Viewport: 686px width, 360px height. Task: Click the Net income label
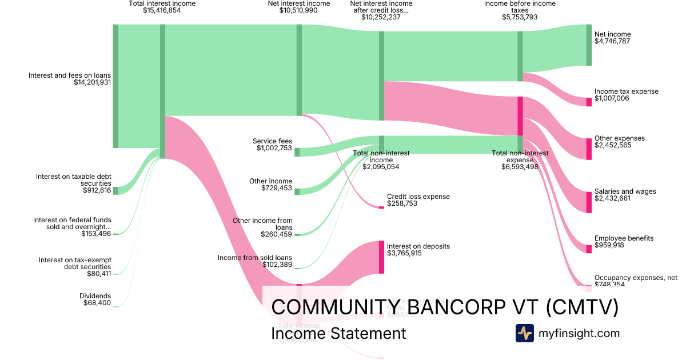pos(612,34)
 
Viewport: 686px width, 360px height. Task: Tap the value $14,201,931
pos(92,82)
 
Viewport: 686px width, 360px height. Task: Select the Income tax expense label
pos(626,91)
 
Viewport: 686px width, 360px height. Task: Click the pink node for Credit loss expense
pos(381,207)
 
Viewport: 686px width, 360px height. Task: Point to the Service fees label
pos(272,141)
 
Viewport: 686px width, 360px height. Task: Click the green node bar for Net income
pos(589,45)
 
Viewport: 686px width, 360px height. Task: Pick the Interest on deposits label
pos(418,246)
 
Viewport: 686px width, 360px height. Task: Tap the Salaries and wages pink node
pos(589,202)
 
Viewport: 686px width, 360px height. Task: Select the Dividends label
pos(95,295)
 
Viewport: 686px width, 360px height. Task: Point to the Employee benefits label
pos(624,238)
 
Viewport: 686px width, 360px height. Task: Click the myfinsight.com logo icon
pos(524,333)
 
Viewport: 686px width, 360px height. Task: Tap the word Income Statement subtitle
pos(338,333)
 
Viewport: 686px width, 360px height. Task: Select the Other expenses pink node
pos(589,149)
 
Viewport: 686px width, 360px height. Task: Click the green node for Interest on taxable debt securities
pos(115,190)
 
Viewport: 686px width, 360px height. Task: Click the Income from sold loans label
pos(255,258)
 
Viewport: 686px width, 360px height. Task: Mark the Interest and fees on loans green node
pos(115,86)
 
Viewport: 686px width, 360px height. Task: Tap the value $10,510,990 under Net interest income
pos(298,10)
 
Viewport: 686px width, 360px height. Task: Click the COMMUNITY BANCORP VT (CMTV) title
pos(445,307)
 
